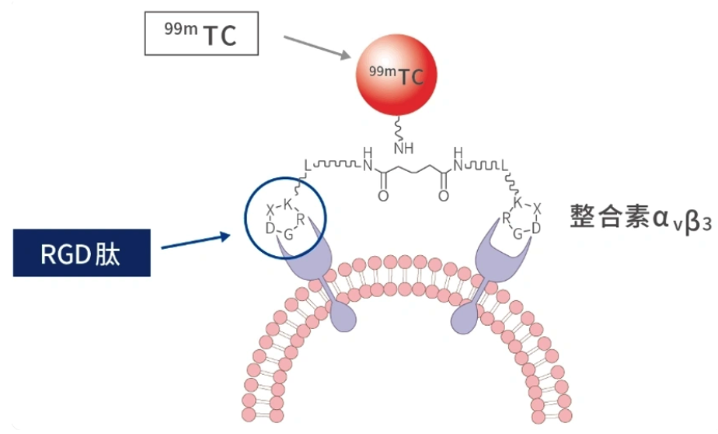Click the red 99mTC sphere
click(396, 75)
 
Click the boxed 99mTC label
click(201, 33)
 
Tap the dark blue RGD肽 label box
click(82, 253)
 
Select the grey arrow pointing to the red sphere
click(317, 47)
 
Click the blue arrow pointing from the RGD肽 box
click(196, 242)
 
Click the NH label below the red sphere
click(403, 148)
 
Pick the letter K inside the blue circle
click(288, 205)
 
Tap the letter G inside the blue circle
click(288, 235)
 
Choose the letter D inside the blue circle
click(270, 228)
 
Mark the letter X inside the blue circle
click(270, 210)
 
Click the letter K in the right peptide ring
click(518, 202)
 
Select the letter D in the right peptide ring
click(535, 227)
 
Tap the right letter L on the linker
click(504, 165)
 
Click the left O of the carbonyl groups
click(383, 196)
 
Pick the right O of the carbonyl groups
click(443, 196)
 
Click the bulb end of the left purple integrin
click(343, 316)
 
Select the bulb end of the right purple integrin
click(465, 317)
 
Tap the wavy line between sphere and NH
click(398, 129)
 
